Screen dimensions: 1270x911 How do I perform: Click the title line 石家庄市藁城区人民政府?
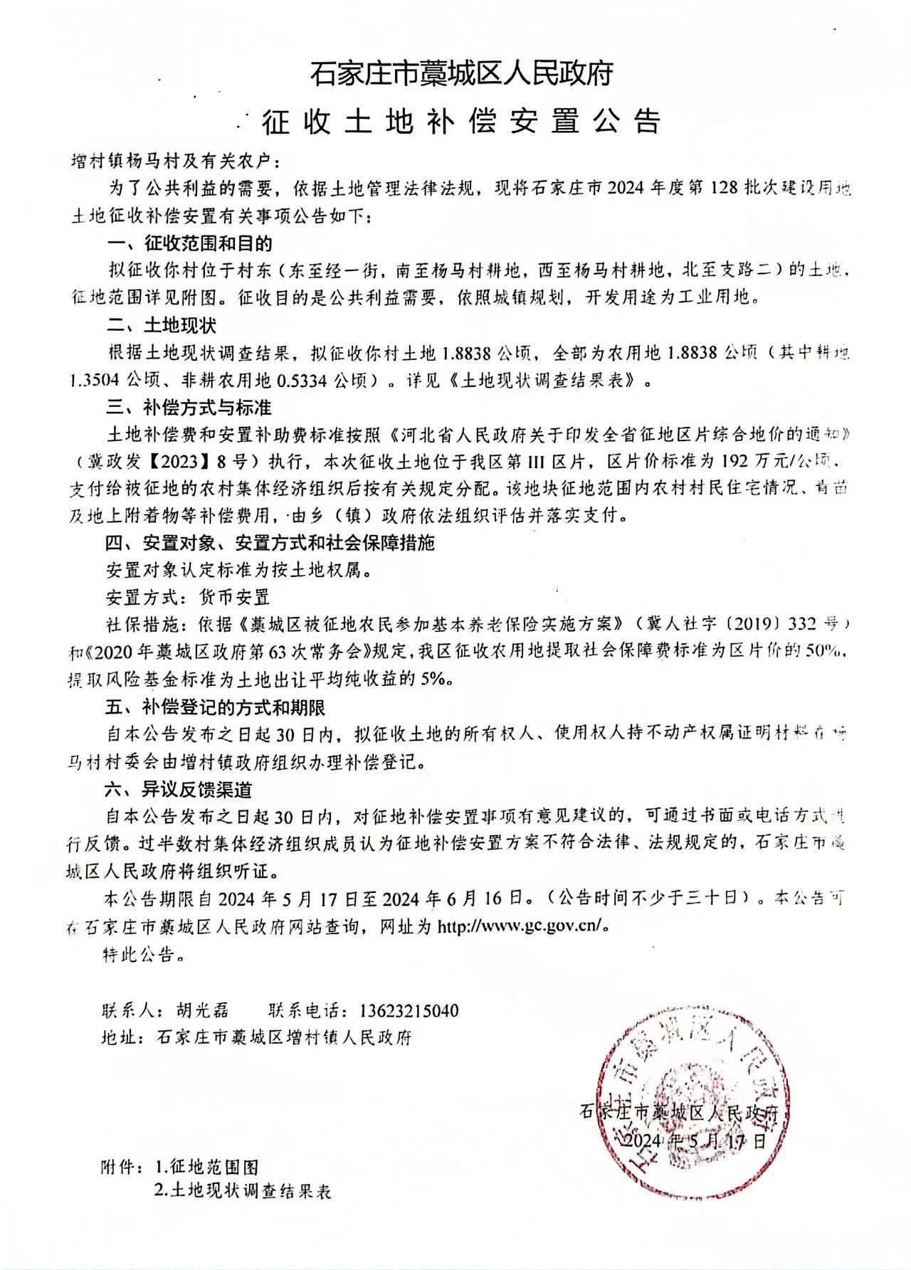tap(461, 74)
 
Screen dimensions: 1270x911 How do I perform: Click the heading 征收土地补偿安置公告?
tap(461, 122)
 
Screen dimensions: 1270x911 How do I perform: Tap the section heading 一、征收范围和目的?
tap(190, 244)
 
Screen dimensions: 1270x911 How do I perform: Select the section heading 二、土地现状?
tap(162, 325)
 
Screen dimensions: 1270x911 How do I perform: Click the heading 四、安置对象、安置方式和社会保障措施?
tap(270, 543)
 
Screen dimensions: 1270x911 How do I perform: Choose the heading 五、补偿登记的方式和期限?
tap(216, 707)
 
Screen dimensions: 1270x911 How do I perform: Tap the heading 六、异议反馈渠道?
tap(179, 789)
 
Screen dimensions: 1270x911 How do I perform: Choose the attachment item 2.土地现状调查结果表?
tap(243, 1191)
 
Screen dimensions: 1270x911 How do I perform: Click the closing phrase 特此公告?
tap(144, 954)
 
